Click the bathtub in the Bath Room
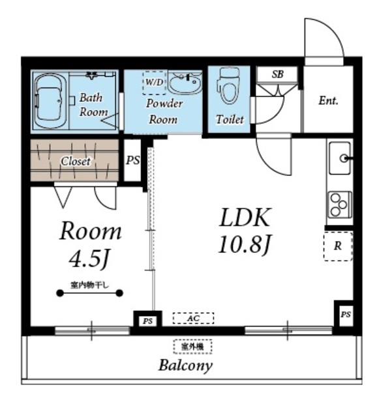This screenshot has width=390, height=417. coord(50,100)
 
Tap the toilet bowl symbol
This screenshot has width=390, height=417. coord(229,87)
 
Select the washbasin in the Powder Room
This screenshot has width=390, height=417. coord(185,82)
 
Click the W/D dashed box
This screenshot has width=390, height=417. coord(155,83)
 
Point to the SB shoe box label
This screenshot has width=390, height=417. coord(277,74)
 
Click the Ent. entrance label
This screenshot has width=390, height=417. coord(328,101)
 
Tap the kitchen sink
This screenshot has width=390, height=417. coord(339,158)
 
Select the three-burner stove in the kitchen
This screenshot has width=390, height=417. coord(339,205)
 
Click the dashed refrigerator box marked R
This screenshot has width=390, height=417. coord(338,246)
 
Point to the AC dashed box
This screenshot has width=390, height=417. coord(193,318)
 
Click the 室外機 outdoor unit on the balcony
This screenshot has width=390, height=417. coord(193,347)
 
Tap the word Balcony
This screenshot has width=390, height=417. coord(186,366)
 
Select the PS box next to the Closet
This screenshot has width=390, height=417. coord(132,161)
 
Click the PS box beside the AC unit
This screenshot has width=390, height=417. coord(148,321)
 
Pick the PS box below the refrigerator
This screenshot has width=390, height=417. coord(346,315)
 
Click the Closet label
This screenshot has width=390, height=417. coord(76,161)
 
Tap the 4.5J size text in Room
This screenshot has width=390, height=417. coord(89,259)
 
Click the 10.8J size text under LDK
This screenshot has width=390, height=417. coord(245,245)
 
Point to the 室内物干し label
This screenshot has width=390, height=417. coord(90,285)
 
